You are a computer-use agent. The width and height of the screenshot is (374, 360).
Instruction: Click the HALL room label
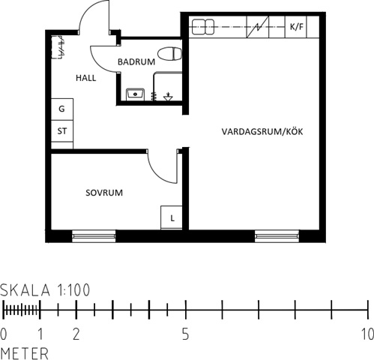(85, 78)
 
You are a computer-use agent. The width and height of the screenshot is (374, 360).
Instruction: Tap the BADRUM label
(136, 61)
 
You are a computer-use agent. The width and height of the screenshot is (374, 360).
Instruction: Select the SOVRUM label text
(104, 193)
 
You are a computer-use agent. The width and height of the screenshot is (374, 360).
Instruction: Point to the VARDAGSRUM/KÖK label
(262, 131)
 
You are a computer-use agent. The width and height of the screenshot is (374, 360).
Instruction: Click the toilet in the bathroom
(169, 54)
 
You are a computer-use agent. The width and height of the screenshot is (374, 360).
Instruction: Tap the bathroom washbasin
(135, 94)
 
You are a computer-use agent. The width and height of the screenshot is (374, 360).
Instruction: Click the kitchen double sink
(203, 27)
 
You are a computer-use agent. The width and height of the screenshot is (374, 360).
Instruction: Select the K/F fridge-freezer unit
(296, 27)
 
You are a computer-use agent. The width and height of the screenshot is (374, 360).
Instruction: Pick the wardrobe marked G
(62, 109)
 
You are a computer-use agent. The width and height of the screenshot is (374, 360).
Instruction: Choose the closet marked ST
(62, 131)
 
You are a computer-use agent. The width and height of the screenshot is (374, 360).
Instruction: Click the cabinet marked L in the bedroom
(172, 217)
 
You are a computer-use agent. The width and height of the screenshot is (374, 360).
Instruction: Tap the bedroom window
(94, 236)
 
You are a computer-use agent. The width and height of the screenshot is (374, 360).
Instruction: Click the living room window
(277, 236)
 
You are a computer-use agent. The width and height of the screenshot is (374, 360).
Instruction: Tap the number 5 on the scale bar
(185, 334)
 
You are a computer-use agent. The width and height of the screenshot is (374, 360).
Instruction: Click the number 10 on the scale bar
(367, 334)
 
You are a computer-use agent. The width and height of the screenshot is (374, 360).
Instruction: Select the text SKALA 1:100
(45, 290)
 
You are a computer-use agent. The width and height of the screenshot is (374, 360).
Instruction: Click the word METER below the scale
(25, 353)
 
